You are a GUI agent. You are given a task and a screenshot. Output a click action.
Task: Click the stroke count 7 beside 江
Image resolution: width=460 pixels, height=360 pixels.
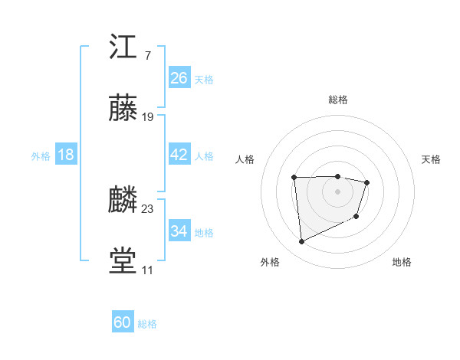click(147, 56)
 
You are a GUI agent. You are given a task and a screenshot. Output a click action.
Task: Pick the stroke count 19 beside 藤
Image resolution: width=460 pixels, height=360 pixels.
click(148, 117)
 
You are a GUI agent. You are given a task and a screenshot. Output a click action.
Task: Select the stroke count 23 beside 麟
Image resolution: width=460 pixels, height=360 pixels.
click(148, 209)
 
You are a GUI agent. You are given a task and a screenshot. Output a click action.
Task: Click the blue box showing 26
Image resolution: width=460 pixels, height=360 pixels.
click(179, 78)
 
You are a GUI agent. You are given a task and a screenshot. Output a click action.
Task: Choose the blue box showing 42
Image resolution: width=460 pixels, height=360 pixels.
click(179, 155)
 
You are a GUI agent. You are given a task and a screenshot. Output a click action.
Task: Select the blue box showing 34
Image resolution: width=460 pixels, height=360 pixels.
click(179, 231)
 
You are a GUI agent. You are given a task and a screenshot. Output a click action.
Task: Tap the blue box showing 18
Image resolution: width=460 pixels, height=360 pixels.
click(65, 155)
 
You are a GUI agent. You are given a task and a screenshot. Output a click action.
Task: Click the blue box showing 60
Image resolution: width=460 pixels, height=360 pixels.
click(122, 323)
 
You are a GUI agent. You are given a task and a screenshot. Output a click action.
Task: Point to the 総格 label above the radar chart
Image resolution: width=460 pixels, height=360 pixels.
click(338, 100)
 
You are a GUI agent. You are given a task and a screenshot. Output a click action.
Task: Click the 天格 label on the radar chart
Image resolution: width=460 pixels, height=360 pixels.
click(432, 159)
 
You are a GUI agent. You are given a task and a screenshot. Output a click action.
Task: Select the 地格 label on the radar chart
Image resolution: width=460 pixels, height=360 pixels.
click(402, 262)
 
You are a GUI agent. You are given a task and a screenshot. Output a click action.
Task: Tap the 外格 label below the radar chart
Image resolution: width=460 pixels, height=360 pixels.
click(270, 262)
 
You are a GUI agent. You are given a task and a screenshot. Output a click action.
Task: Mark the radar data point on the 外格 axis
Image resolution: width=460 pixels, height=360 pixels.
click(301, 242)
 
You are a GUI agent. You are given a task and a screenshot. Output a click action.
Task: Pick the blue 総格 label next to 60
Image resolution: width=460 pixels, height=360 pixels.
click(147, 324)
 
